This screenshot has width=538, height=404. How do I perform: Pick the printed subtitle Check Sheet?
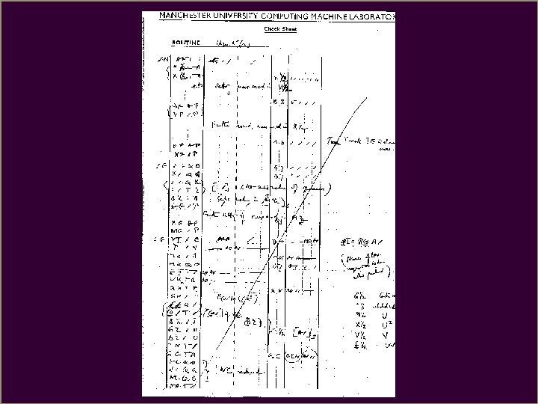point(280,29)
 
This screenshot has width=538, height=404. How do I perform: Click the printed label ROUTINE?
point(186,43)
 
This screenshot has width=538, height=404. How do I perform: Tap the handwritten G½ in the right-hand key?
point(358,295)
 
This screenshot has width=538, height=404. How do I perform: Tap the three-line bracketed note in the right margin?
point(368,264)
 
